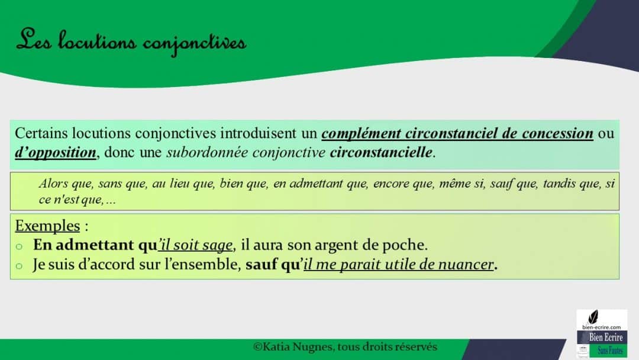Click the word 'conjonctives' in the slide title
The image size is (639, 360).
[x=195, y=42]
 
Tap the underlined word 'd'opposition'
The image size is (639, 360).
[x=56, y=152]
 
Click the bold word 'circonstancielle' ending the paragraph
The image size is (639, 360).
[x=381, y=152]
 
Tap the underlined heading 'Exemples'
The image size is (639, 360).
[x=47, y=226]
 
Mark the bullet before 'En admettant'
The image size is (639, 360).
[x=19, y=246]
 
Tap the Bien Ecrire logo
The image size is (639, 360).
[x=602, y=333]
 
